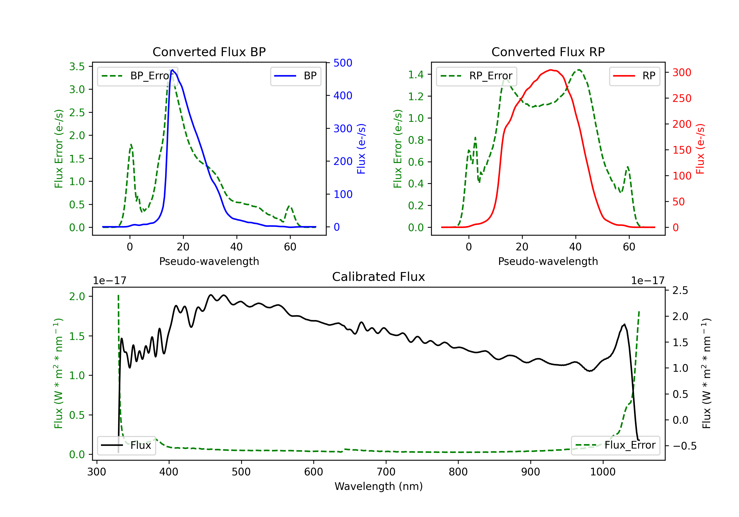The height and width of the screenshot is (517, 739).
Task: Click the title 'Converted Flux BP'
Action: [x=209, y=52]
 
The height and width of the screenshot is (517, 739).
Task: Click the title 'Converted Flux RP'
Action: [x=548, y=52]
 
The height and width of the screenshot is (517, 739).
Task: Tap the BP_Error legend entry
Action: [x=138, y=76]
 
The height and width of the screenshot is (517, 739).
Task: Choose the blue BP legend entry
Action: [x=295, y=76]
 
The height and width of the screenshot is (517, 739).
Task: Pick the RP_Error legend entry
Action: [x=476, y=76]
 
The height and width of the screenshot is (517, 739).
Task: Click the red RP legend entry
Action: [x=634, y=76]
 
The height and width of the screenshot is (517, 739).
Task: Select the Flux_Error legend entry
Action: [x=615, y=445]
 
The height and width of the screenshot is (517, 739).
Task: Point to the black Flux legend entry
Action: [x=126, y=445]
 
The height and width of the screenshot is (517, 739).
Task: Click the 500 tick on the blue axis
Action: [x=342, y=63]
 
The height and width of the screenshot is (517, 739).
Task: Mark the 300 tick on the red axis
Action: [x=681, y=72]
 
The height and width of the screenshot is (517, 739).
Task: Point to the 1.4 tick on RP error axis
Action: [x=416, y=75]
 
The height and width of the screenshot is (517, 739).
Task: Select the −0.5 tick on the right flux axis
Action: [x=684, y=446]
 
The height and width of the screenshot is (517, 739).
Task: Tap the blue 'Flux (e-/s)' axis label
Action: [x=361, y=149]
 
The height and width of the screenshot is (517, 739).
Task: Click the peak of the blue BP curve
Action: [x=172, y=70]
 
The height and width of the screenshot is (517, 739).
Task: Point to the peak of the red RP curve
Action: [x=551, y=70]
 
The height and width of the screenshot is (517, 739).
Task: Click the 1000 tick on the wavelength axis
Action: [x=603, y=472]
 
